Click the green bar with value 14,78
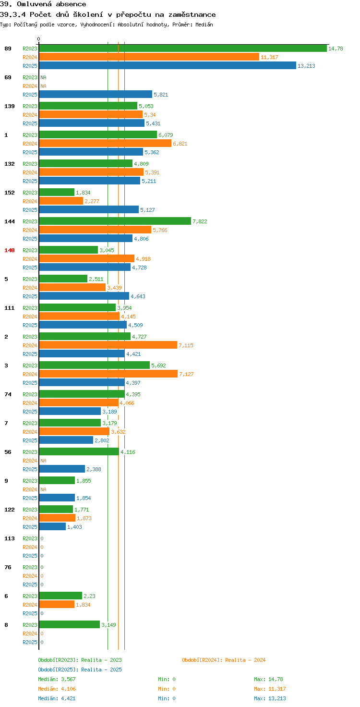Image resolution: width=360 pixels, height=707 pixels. (183, 49)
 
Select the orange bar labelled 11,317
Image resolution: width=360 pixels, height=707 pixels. (149, 57)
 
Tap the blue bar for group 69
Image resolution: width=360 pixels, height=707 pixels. (96, 94)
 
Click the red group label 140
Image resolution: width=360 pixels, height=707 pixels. (10, 250)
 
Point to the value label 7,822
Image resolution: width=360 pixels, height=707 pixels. (200, 221)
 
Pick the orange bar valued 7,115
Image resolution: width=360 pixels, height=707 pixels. (108, 345)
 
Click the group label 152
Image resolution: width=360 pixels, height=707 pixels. (10, 193)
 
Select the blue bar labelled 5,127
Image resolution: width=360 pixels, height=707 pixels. (89, 209)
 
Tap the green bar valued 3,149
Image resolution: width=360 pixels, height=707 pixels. (70, 624)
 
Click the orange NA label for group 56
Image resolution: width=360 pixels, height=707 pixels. (43, 461)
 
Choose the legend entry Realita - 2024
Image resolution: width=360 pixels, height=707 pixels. (224, 660)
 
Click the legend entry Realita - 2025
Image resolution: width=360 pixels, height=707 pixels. (80, 670)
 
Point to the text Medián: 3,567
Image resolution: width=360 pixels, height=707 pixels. (57, 679)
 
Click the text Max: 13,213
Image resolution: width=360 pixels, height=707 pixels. (270, 698)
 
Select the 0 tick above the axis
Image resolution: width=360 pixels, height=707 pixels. (38, 39)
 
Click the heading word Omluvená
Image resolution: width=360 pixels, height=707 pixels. (34, 4)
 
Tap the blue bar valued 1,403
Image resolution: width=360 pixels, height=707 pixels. (52, 526)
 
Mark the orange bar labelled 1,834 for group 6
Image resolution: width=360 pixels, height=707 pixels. (57, 604)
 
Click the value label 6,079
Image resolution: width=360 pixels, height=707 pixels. (166, 135)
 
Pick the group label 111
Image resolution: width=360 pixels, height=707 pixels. (10, 308)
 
